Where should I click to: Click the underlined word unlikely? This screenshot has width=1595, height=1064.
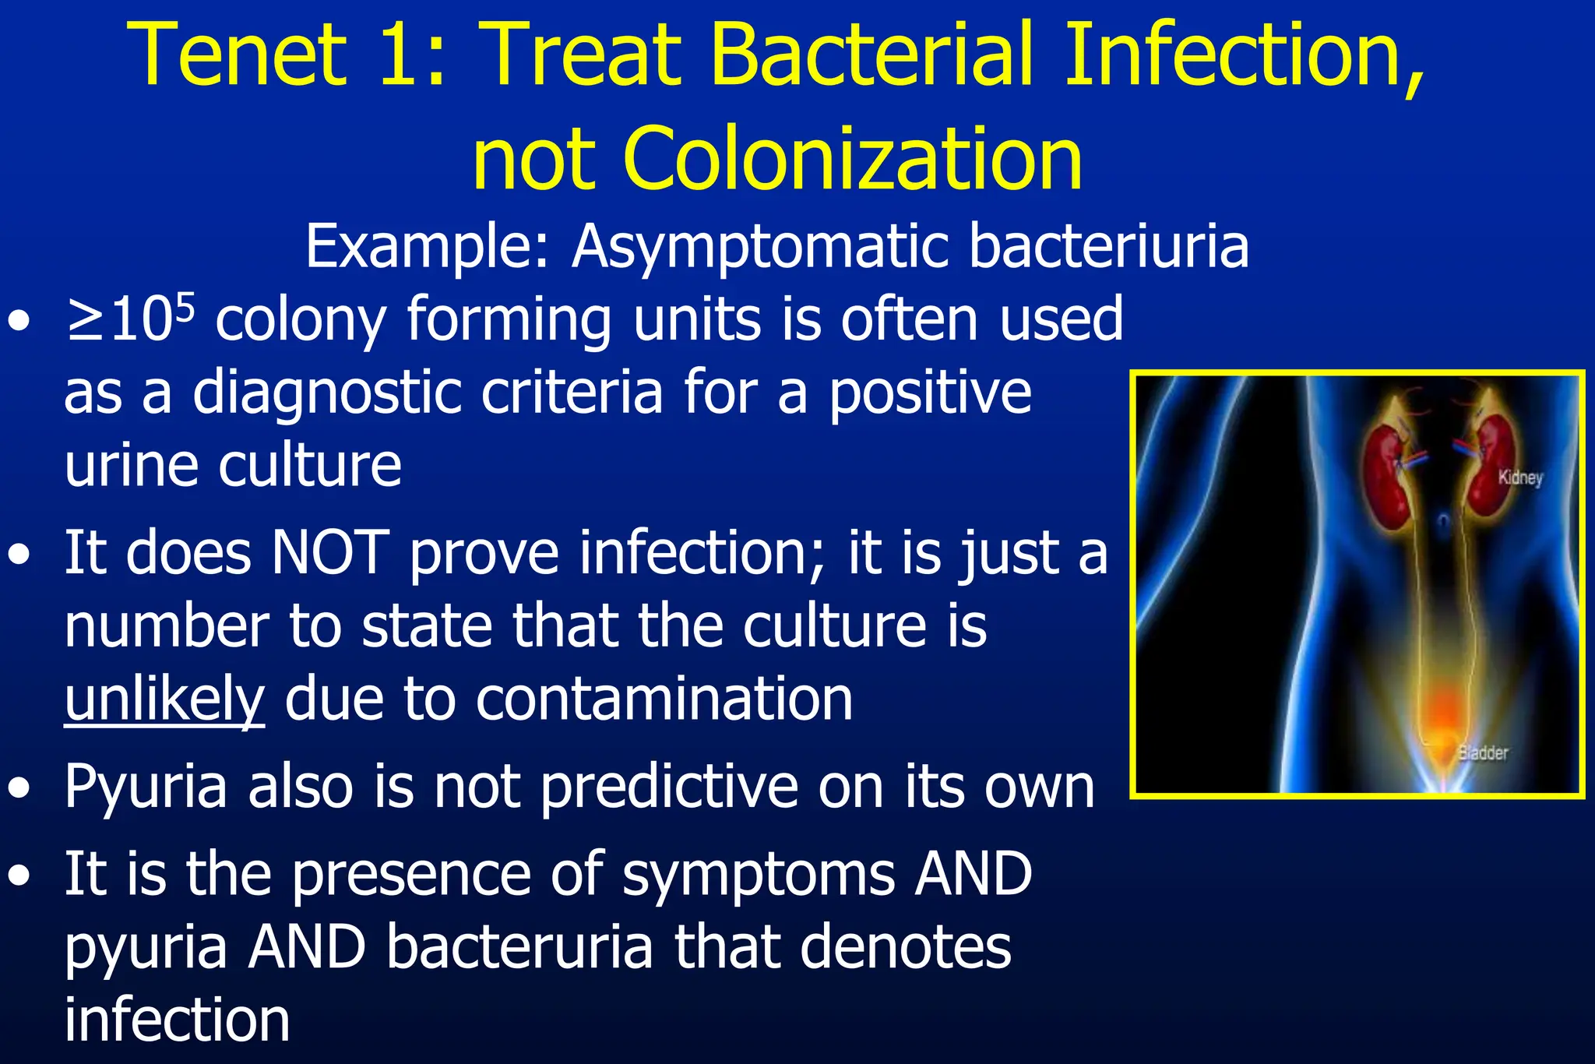[x=164, y=699]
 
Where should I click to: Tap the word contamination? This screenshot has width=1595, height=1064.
[x=664, y=699]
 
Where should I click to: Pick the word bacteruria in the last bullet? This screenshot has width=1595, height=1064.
[x=519, y=948]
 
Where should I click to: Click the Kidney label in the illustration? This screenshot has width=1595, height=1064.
[x=1520, y=477]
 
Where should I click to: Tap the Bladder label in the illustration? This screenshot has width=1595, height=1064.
[x=1483, y=752]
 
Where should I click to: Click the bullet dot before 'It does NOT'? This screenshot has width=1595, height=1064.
[x=19, y=555]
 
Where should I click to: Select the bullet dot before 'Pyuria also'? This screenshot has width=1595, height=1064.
[x=19, y=788]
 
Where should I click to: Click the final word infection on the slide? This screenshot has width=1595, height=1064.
[x=177, y=1020]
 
